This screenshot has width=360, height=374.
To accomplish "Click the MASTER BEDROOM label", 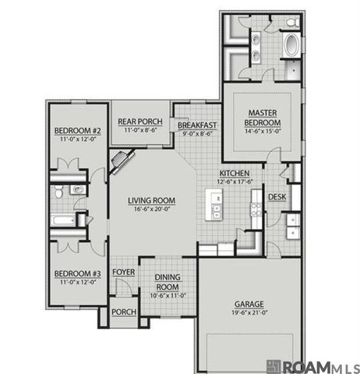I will (x=262, y=118).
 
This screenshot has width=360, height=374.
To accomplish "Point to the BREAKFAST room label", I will (x=196, y=125).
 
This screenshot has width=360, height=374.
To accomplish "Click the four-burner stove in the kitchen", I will (x=255, y=208).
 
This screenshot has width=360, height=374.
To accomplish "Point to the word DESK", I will (x=277, y=198).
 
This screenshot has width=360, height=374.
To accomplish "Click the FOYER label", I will (x=123, y=272).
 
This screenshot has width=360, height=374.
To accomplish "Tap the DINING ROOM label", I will (x=168, y=281).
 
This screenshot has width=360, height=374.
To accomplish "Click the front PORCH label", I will (x=123, y=312).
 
